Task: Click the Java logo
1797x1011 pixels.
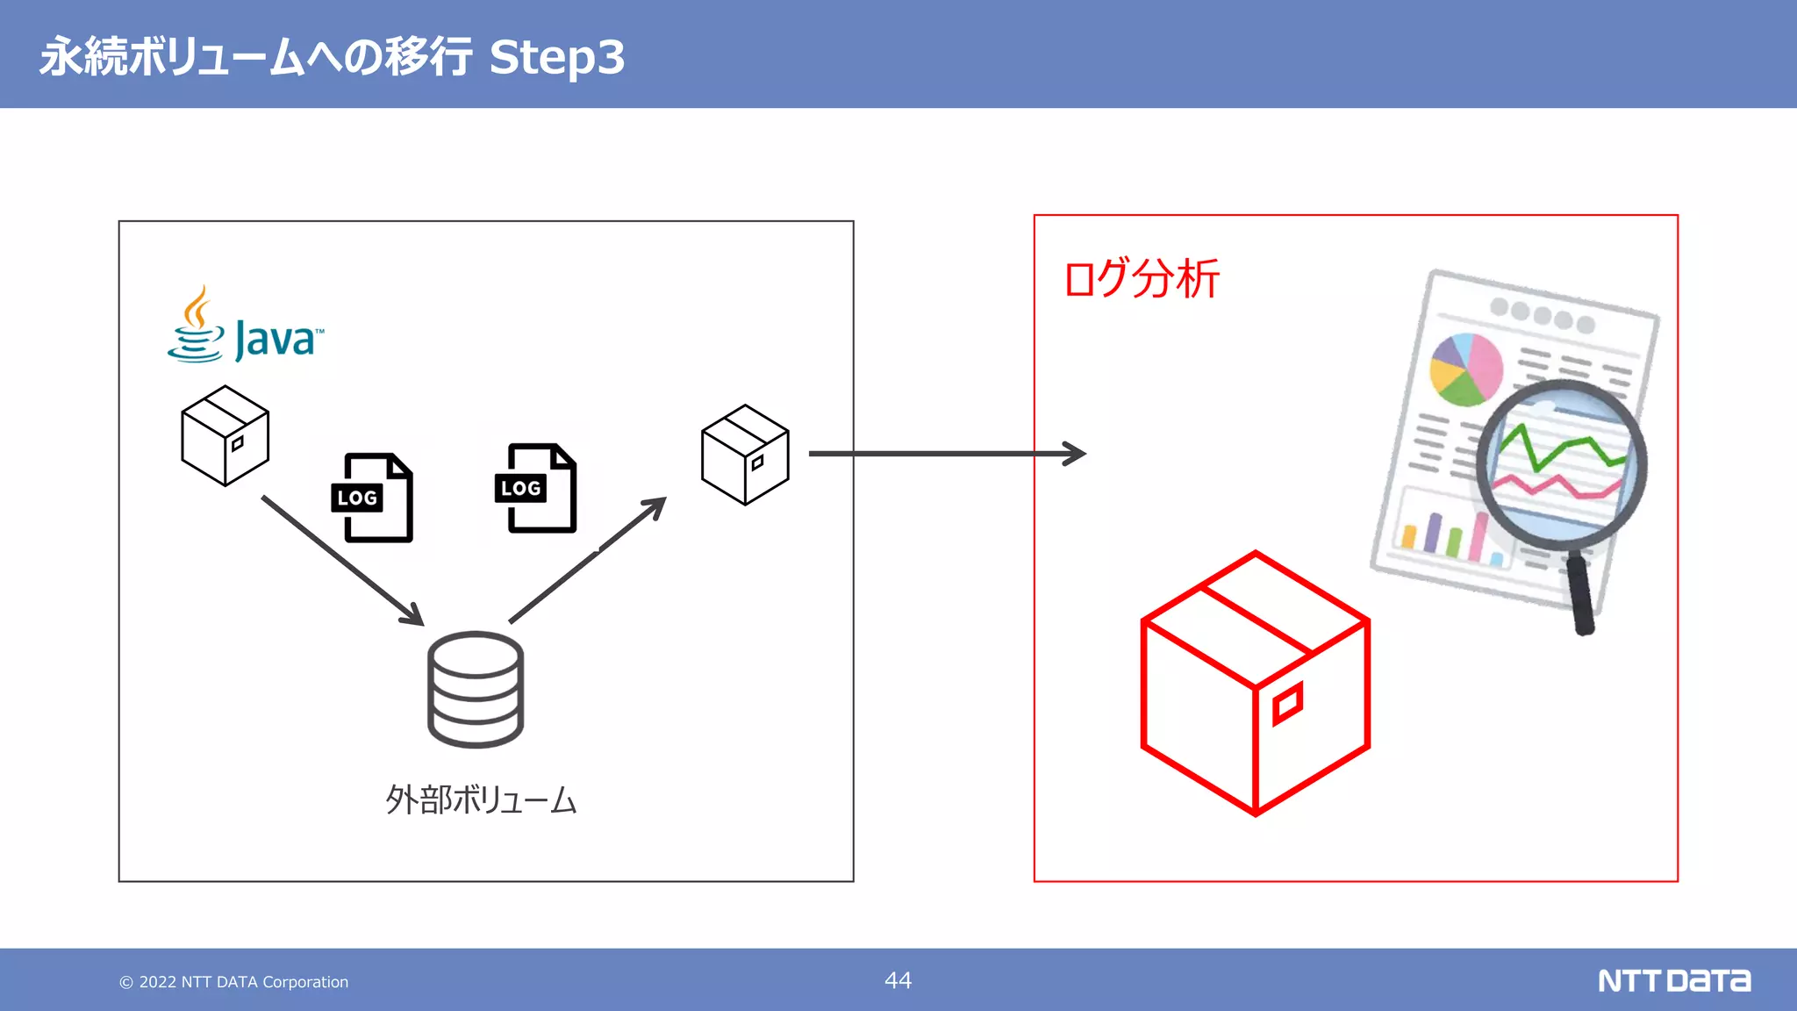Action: coord(246,326)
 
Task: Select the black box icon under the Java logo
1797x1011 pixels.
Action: coord(225,435)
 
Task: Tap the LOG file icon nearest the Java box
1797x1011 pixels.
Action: coord(373,498)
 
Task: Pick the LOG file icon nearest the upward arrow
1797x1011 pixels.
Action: coord(536,488)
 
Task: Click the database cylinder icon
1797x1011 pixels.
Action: coord(476,690)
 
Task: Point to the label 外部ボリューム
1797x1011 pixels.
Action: coord(481,800)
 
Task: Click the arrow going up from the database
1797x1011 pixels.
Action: coord(588,560)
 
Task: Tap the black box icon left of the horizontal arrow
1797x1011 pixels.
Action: coord(745,455)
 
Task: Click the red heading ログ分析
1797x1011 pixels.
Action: coord(1141,279)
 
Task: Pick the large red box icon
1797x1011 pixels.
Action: coord(1255,684)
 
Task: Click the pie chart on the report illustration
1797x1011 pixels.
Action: coord(1465,369)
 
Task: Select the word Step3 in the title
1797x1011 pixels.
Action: coord(556,57)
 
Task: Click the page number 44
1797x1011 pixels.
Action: coord(898,980)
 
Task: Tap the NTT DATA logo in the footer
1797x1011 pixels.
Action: coord(1673,980)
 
